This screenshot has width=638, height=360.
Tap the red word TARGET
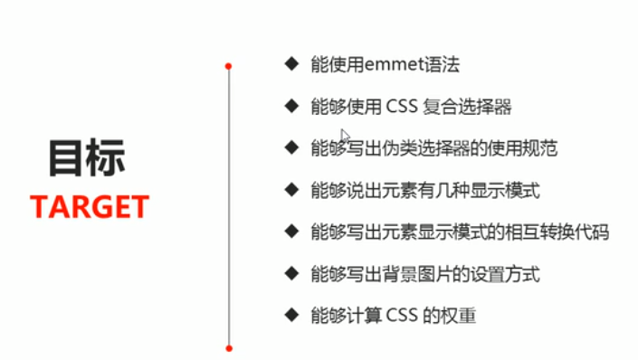tap(89, 207)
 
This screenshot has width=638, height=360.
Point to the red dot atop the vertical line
tap(229, 66)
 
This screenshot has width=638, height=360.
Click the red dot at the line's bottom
tap(229, 347)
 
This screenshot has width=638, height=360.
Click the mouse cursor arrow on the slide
tap(345, 135)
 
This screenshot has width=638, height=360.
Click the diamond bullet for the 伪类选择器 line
tap(290, 147)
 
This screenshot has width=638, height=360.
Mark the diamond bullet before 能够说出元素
tap(290, 189)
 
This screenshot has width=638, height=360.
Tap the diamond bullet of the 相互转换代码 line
tap(290, 231)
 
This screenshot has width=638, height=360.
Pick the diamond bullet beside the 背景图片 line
tap(290, 272)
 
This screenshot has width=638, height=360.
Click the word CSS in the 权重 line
tap(402, 315)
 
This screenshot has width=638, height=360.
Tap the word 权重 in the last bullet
tap(461, 315)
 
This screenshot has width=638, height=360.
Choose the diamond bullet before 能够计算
tap(290, 314)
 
